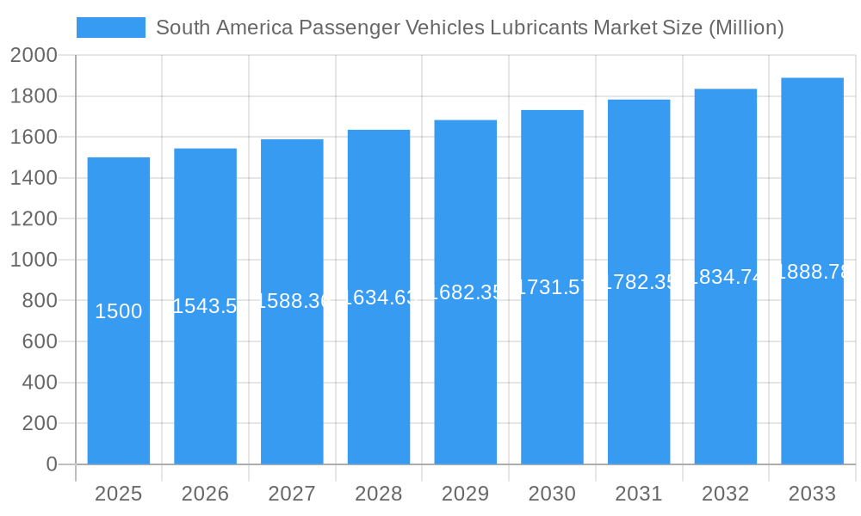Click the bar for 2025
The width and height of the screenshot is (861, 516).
click(x=119, y=387)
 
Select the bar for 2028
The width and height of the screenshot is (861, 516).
click(x=379, y=387)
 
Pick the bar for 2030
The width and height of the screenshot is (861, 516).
click(x=552, y=387)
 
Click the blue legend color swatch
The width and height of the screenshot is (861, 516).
click(x=111, y=28)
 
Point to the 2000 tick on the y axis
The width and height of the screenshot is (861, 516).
click(x=34, y=56)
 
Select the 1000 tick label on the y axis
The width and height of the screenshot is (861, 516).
click(x=34, y=260)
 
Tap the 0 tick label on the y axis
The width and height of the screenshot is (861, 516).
click(x=51, y=464)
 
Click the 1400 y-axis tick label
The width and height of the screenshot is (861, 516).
click(x=34, y=178)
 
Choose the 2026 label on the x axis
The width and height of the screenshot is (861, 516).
click(x=206, y=494)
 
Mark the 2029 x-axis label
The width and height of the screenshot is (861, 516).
click(x=465, y=494)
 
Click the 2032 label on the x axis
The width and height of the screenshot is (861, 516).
click(x=725, y=494)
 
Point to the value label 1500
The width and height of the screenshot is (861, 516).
click(x=119, y=311)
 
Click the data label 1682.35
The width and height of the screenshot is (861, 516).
click(x=465, y=292)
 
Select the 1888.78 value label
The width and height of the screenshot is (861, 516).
click(x=812, y=272)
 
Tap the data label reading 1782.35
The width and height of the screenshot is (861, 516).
click(x=639, y=282)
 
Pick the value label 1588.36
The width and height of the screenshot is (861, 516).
click(x=292, y=301)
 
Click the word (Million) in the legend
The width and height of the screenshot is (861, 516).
click(x=746, y=28)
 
